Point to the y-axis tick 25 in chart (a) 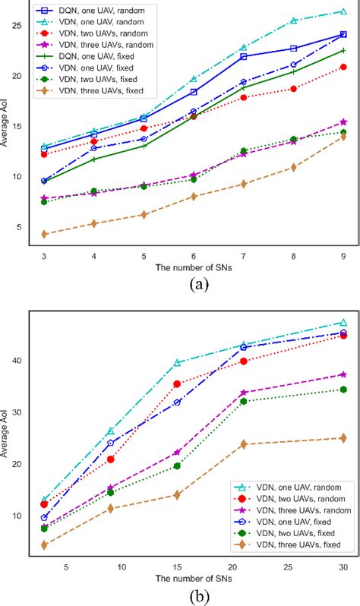(x=16, y=25)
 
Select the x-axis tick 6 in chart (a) (x=194, y=257)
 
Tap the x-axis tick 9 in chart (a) (x=343, y=257)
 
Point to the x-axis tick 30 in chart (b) (x=343, y=567)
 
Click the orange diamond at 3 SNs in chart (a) (x=45, y=234)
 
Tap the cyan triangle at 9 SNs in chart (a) (x=343, y=11)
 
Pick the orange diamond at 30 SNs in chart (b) (x=343, y=438)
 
